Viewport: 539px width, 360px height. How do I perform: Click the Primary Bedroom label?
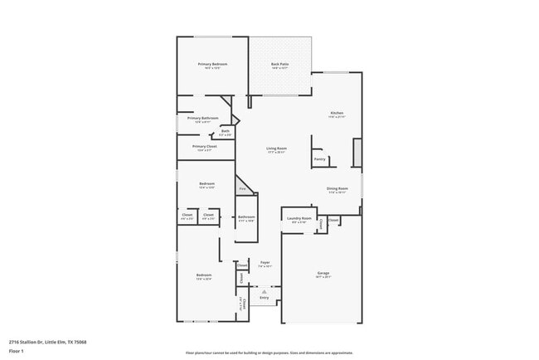pyautogui.click(x=212, y=64)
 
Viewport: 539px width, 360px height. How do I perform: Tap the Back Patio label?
pyautogui.click(x=280, y=64)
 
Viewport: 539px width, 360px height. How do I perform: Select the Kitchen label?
pyautogui.click(x=337, y=113)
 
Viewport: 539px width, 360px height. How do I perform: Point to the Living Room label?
pyautogui.click(x=276, y=148)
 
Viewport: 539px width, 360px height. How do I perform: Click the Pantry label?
pyautogui.click(x=319, y=159)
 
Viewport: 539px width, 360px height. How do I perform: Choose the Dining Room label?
pyautogui.click(x=337, y=188)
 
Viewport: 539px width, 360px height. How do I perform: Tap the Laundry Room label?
pyautogui.click(x=297, y=219)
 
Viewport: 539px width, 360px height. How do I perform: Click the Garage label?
pyautogui.click(x=323, y=273)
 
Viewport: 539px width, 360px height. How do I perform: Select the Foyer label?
pyautogui.click(x=265, y=262)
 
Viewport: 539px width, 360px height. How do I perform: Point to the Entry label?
pyautogui.click(x=265, y=296)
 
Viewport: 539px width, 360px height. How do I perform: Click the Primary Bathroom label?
pyautogui.click(x=202, y=118)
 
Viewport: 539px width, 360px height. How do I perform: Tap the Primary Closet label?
pyautogui.click(x=204, y=146)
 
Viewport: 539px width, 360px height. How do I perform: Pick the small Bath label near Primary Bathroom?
pyautogui.click(x=226, y=131)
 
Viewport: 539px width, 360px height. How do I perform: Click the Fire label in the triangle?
pyautogui.click(x=243, y=190)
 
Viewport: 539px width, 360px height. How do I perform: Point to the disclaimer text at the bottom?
pyautogui.click(x=269, y=352)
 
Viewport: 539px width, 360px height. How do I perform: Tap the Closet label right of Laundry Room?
pyautogui.click(x=333, y=221)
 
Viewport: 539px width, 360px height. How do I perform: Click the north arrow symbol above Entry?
pyautogui.click(x=265, y=291)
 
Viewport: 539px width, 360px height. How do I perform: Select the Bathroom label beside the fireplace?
pyautogui.click(x=246, y=217)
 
